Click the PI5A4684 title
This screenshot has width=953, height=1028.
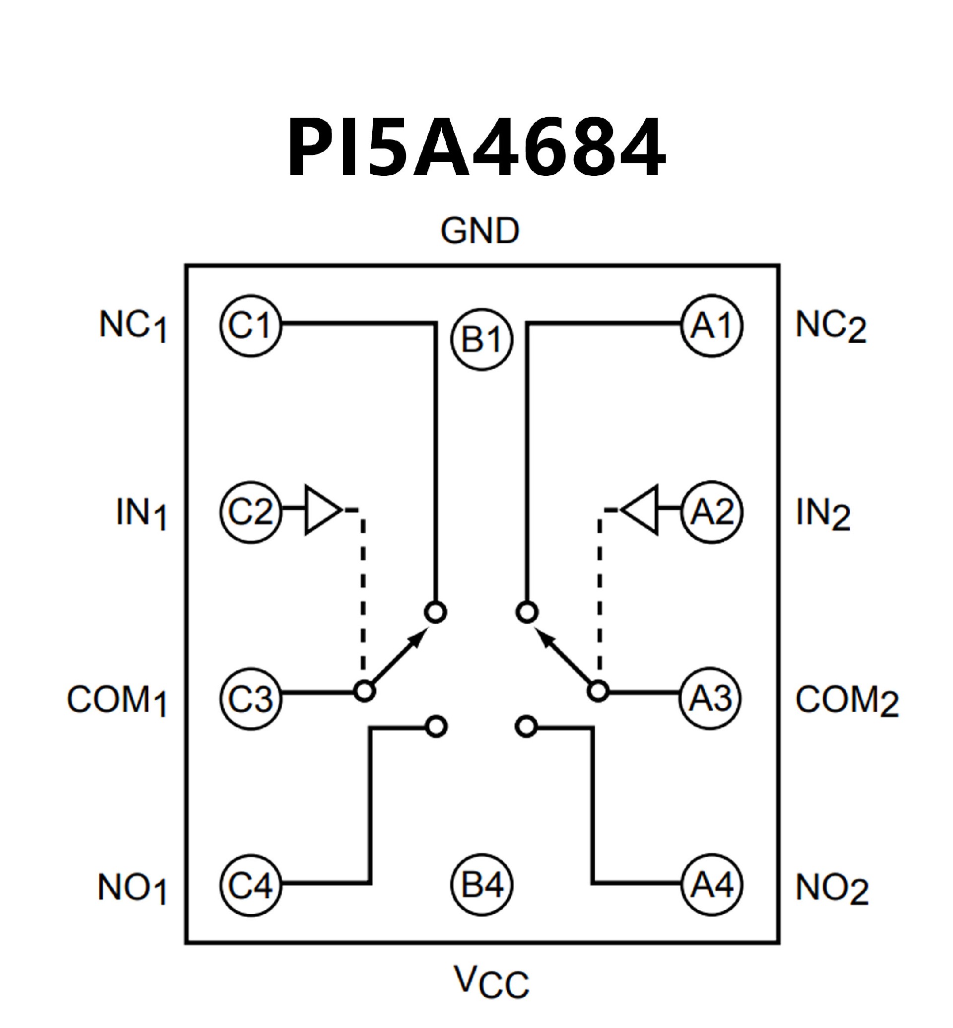click(476, 147)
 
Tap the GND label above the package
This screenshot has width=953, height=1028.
click(479, 231)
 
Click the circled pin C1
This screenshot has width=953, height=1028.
click(251, 326)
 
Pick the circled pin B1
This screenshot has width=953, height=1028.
click(481, 339)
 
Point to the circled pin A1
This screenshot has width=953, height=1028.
click(712, 326)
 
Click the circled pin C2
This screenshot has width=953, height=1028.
click(251, 512)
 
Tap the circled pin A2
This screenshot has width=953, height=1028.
click(712, 512)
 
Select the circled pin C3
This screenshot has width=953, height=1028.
click(251, 698)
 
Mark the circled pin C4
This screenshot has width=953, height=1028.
click(251, 885)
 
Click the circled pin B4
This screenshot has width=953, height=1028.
click(481, 885)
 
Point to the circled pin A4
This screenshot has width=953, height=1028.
click(712, 885)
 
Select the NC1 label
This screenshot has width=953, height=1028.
click(133, 327)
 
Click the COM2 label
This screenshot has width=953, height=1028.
click(846, 701)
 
